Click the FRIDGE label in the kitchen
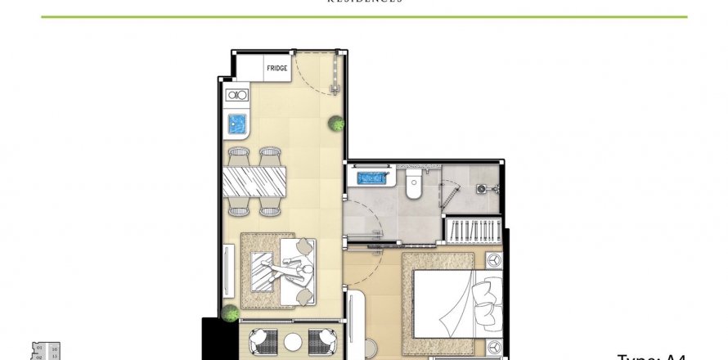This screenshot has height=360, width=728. pyautogui.click(x=276, y=69)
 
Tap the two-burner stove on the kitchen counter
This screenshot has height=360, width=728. pyautogui.click(x=236, y=96)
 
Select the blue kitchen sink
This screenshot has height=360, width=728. pyautogui.click(x=236, y=125)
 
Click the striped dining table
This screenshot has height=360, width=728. pyautogui.click(x=255, y=182)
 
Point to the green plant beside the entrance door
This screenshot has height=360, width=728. pyautogui.click(x=336, y=124)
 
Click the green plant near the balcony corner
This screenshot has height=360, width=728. pyautogui.click(x=231, y=312)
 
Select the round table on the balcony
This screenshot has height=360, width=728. pyautogui.click(x=291, y=340)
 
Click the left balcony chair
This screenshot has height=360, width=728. pyautogui.click(x=262, y=340)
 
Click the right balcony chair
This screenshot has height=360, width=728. pyautogui.click(x=321, y=340)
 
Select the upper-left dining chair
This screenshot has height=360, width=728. pyautogui.click(x=238, y=154)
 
